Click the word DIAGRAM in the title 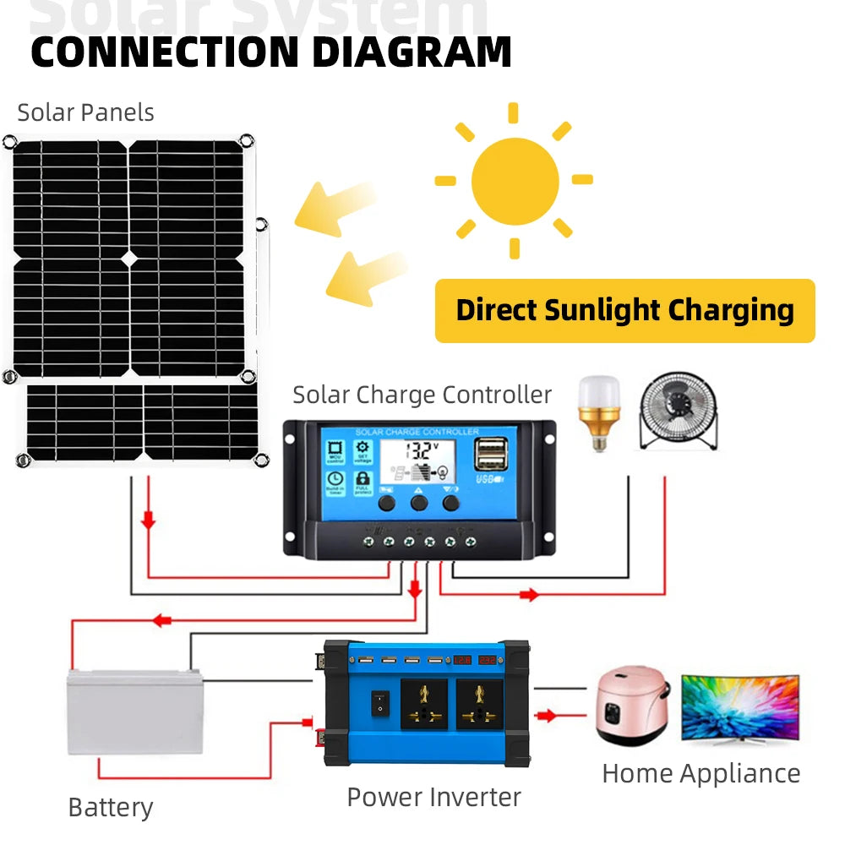412,52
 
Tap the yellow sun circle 515,180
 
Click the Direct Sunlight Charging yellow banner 624,310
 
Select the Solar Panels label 85,112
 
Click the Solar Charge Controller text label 422,395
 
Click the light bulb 598,412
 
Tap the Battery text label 111,807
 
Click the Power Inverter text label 433,796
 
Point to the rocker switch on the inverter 380,701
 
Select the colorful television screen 740,708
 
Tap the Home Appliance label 701,773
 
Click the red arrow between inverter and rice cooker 547,716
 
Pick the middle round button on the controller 419,503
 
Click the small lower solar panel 142,422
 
